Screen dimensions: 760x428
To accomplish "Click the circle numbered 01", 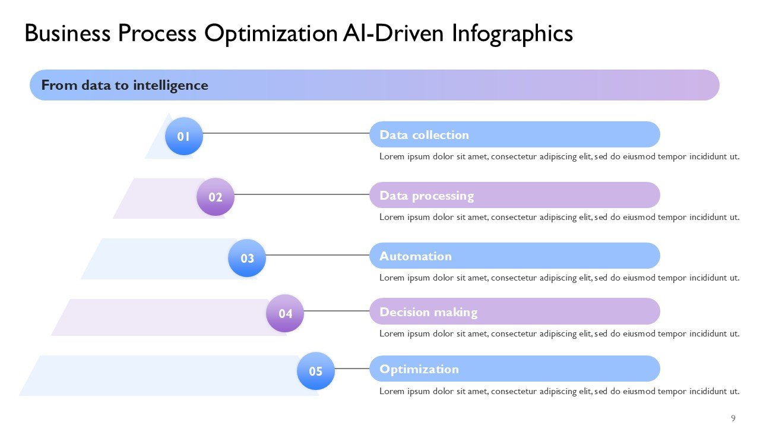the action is tap(184, 136).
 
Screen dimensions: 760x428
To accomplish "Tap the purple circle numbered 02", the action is tap(216, 197).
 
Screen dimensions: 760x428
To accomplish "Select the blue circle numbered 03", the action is tap(247, 258).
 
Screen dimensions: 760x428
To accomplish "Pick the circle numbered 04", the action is tap(285, 313).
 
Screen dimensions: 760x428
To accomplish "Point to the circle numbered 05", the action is tap(316, 371).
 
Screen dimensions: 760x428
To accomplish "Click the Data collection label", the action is tap(424, 135).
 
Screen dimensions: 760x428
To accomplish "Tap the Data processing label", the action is tap(426, 196).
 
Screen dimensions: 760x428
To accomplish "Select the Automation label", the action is tap(416, 256).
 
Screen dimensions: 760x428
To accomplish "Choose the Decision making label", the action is tap(429, 312).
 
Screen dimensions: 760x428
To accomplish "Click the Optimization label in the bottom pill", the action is tap(419, 369).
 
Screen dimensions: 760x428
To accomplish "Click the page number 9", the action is tap(733, 418).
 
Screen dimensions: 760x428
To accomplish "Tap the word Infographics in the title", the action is tap(512, 34).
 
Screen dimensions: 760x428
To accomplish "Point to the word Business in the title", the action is tap(68, 33).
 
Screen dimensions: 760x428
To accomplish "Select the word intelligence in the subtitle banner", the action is tap(170, 85).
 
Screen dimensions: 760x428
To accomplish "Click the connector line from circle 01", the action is tap(286, 133).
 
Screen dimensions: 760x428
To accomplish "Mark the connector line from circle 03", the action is tap(318, 255).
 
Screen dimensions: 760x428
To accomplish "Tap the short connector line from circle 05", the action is tap(352, 369).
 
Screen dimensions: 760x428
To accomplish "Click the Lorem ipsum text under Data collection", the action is tap(559, 156).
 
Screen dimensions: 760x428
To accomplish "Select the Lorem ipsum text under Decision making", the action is tap(559, 333).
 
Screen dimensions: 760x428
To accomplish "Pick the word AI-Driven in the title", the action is tap(394, 33).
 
